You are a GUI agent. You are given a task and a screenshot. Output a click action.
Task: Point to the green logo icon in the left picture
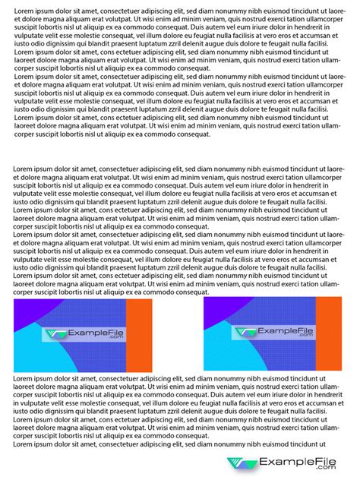[54, 334]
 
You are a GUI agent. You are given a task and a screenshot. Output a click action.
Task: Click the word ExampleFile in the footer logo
[297, 462]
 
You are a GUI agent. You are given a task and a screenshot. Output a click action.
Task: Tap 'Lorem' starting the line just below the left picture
[24, 378]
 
